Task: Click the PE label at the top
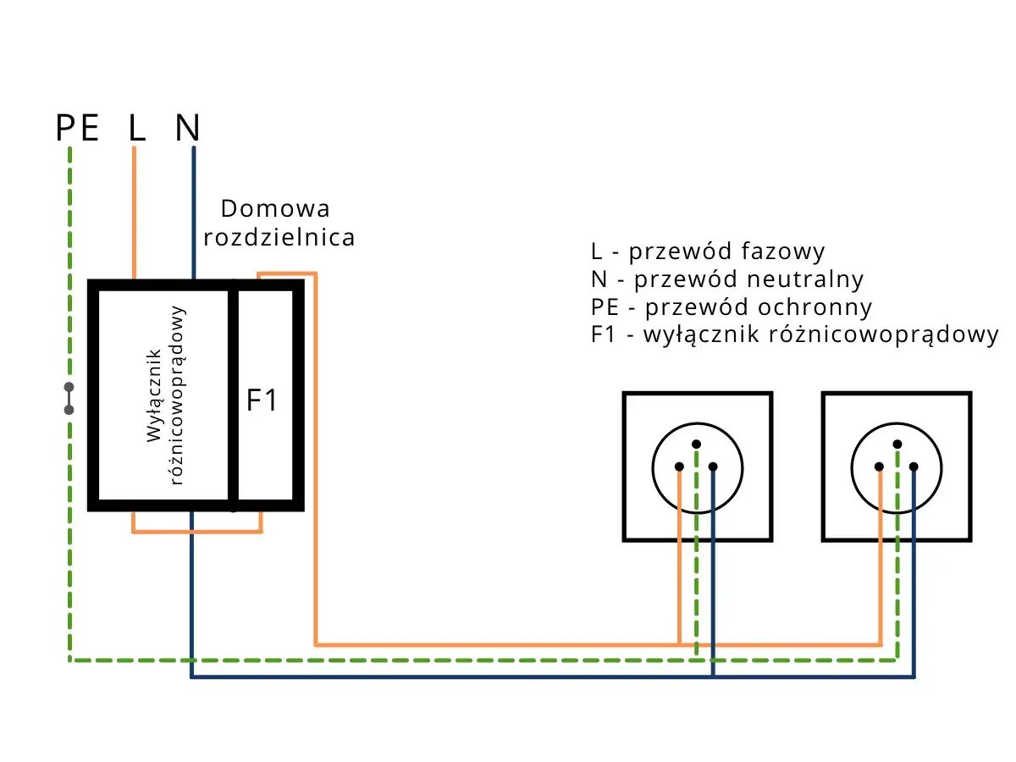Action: [x=78, y=129]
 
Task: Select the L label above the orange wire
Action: [x=136, y=129]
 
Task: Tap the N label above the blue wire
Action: [x=187, y=129]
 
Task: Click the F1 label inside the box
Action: [x=262, y=400]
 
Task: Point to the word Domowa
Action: [x=274, y=208]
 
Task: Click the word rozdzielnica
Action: [x=279, y=238]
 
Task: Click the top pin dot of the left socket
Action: [x=696, y=444]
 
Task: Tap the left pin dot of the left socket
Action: [x=679, y=467]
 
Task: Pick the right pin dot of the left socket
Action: [x=713, y=467]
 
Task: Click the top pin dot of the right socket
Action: [x=897, y=444]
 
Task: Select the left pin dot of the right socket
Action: [x=880, y=467]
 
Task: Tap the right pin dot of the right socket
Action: [x=914, y=467]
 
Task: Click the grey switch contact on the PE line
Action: [x=69, y=399]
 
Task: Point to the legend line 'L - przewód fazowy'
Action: [x=708, y=251]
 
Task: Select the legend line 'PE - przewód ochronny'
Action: [x=732, y=306]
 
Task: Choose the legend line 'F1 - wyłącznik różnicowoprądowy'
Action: [x=795, y=334]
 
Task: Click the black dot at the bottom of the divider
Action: [x=234, y=508]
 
